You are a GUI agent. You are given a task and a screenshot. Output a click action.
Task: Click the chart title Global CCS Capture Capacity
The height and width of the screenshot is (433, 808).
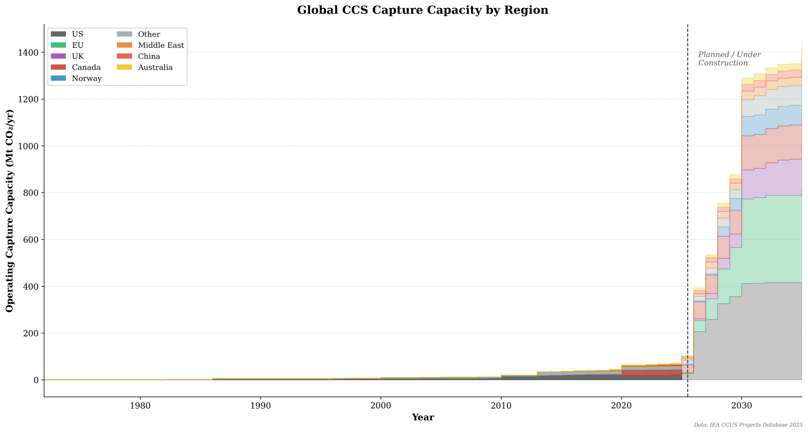(422, 10)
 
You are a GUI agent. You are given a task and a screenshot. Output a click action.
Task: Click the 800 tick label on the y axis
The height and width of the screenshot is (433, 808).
(31, 193)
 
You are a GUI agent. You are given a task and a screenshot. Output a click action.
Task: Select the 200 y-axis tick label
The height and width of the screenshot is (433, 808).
(31, 333)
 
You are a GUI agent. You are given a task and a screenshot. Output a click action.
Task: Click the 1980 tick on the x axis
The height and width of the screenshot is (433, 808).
(140, 406)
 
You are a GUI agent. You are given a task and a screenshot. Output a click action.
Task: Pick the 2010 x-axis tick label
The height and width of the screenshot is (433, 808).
(501, 406)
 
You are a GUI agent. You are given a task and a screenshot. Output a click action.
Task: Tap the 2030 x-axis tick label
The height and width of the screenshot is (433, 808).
(742, 406)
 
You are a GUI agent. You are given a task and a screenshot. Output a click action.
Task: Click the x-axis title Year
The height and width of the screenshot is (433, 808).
(422, 417)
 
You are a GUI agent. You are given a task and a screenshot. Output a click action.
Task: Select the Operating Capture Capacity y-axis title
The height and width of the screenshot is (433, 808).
(10, 210)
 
